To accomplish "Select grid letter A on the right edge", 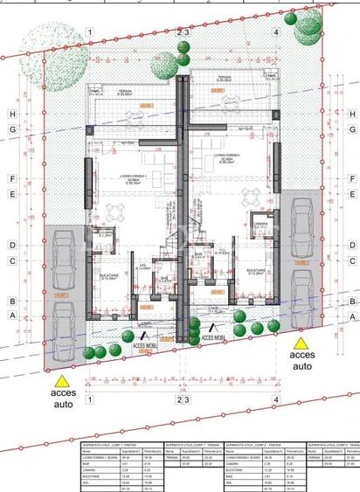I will pos(352,319).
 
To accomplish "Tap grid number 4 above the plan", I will pos(275,32).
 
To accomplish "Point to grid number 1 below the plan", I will pos(89,399).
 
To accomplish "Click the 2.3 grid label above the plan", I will pos(183,32).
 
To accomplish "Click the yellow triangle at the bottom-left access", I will pos(61,380).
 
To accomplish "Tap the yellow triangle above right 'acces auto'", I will pos(300,343).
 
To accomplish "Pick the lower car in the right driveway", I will pos(304,291).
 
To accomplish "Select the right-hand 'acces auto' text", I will pos(301,361).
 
